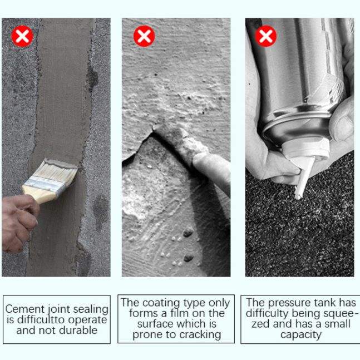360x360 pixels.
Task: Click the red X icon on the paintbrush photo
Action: click(x=22, y=36)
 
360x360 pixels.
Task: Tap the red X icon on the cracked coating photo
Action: click(x=144, y=36)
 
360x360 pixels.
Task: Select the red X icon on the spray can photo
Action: click(x=266, y=36)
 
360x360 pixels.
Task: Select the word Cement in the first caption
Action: click(x=25, y=309)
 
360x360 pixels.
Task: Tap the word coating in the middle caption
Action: click(x=161, y=303)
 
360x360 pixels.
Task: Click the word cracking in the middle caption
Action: click(x=200, y=335)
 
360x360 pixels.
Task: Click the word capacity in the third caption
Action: click(x=301, y=335)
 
